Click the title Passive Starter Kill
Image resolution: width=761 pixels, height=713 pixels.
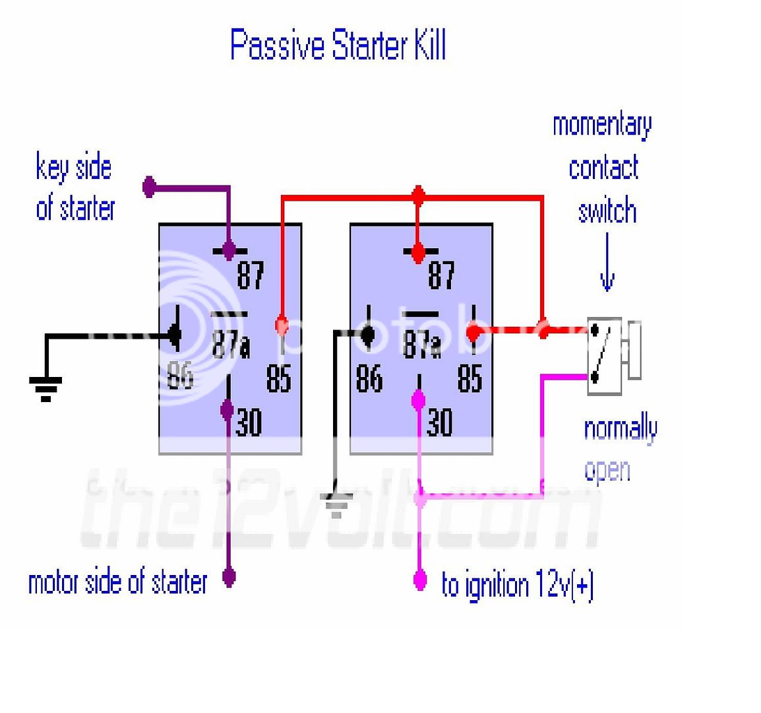[338, 46]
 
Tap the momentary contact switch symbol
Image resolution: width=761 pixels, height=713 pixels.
[605, 356]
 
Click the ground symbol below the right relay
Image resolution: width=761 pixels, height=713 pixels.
[337, 505]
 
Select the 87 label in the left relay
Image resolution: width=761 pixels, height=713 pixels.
[251, 275]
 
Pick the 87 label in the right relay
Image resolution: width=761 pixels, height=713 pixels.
[441, 275]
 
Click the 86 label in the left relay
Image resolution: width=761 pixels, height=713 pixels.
[180, 375]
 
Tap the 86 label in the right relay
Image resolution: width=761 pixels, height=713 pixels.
[369, 378]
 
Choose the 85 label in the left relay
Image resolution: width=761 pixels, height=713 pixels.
[279, 378]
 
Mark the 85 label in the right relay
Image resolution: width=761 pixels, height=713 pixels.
[470, 378]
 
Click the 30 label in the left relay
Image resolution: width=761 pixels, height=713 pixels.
[249, 423]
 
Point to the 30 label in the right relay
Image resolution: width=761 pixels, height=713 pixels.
[439, 423]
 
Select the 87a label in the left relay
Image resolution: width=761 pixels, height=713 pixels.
[231, 344]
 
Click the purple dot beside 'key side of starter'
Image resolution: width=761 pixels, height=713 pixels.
[150, 187]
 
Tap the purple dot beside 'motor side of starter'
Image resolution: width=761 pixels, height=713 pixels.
[229, 578]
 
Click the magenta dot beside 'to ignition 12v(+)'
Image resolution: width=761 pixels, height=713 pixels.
[419, 580]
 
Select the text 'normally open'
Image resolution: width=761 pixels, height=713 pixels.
[620, 449]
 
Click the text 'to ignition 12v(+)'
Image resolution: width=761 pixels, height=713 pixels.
[518, 586]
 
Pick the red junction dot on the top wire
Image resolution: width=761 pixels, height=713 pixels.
[417, 196]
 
